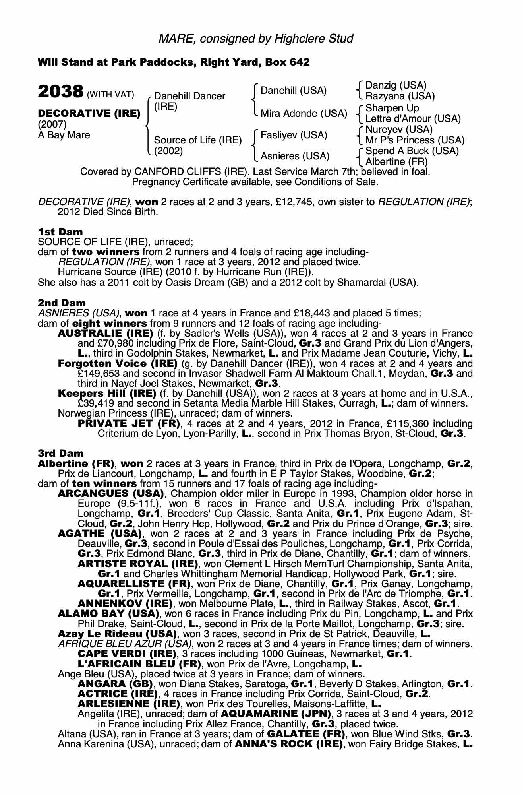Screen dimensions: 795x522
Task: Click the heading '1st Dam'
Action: (x=60, y=232)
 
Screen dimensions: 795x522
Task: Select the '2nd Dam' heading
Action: (x=62, y=303)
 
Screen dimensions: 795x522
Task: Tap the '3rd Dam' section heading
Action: (x=61, y=453)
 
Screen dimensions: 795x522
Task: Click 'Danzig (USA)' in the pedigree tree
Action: (x=396, y=85)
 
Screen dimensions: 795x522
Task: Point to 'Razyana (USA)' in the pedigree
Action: (x=400, y=96)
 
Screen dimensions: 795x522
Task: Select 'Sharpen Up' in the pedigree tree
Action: (x=392, y=108)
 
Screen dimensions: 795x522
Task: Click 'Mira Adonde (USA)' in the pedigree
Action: (x=304, y=114)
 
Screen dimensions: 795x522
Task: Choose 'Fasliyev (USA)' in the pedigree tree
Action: (x=294, y=135)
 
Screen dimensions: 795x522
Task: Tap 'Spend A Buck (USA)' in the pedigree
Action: (x=412, y=151)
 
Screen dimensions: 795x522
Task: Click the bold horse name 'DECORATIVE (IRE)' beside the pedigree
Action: (x=89, y=114)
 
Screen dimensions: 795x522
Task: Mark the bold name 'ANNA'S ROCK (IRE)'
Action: (x=289, y=744)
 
